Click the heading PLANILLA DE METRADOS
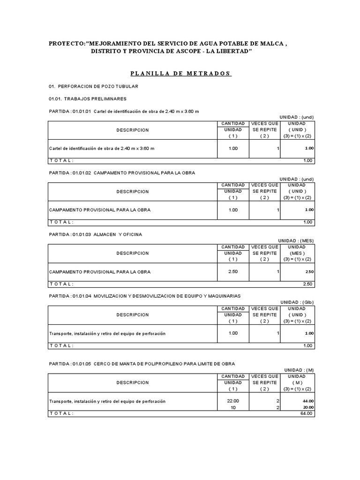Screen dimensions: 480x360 [180, 74]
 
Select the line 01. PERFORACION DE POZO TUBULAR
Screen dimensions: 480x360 [94, 87]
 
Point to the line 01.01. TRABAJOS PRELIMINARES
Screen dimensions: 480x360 [88, 99]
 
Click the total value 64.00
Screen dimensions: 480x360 [307, 413]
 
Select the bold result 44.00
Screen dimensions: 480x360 [308, 401]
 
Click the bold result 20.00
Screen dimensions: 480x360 [308, 407]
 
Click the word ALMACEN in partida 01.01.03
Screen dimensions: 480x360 [105, 234]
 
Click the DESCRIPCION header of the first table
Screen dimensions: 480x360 [133, 130]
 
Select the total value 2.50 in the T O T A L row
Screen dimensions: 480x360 [307, 284]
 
